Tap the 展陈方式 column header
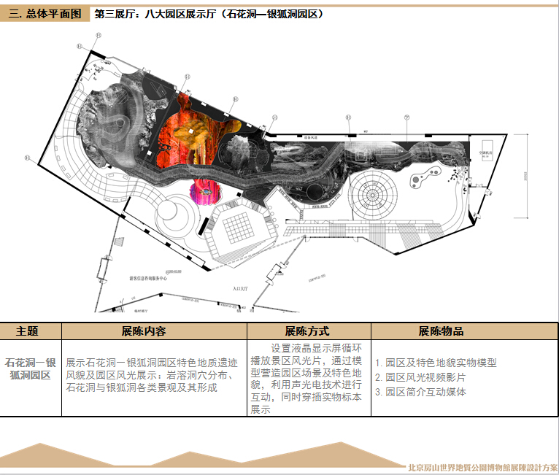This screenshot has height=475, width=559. pyautogui.click(x=307, y=331)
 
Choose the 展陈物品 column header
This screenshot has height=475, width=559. pyautogui.click(x=441, y=331)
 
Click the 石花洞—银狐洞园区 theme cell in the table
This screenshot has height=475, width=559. pyautogui.click(x=31, y=368)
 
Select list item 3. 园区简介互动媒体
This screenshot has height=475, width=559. pyautogui.click(x=420, y=392)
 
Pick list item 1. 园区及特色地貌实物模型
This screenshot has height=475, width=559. pyautogui.click(x=436, y=363)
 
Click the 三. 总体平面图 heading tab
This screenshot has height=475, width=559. pyautogui.click(x=45, y=14)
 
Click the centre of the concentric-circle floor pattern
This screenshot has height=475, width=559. pyautogui.click(x=372, y=193)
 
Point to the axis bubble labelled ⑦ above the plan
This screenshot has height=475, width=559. pyautogui.click(x=406, y=117)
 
